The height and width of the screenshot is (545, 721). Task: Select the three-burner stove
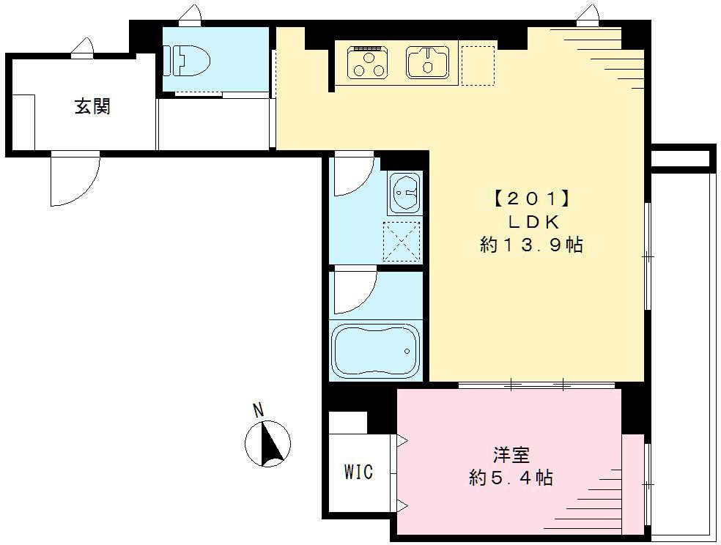tap(368, 62)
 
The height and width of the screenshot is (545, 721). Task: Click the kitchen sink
tap(429, 61)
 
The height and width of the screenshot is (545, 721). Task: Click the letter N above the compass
tap(258, 410)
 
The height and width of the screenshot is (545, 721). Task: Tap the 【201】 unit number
tap(531, 199)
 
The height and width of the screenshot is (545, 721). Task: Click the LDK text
tap(531, 221)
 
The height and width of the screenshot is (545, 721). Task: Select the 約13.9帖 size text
tap(531, 245)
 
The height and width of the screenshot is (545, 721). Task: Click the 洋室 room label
tap(511, 455)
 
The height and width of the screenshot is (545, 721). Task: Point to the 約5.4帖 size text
tap(511, 479)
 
